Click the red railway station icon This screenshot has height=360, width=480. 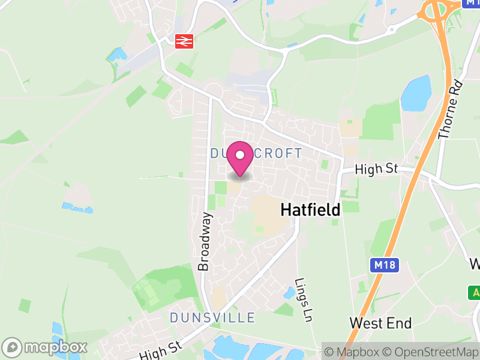(183, 41)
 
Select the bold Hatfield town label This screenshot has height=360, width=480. (310, 209)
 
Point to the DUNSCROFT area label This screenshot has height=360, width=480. (257, 154)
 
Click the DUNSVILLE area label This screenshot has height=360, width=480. (212, 317)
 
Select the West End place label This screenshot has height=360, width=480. (380, 323)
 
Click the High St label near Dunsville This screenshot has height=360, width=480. (160, 351)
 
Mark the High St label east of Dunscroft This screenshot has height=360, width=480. (376, 170)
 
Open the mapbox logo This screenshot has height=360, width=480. (46, 347)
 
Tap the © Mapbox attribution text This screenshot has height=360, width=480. (352, 352)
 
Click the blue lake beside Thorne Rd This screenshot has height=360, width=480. (416, 93)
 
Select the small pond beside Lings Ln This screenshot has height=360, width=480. (289, 293)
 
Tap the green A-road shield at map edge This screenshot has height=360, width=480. (475, 292)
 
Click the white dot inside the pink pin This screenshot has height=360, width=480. (240, 155)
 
